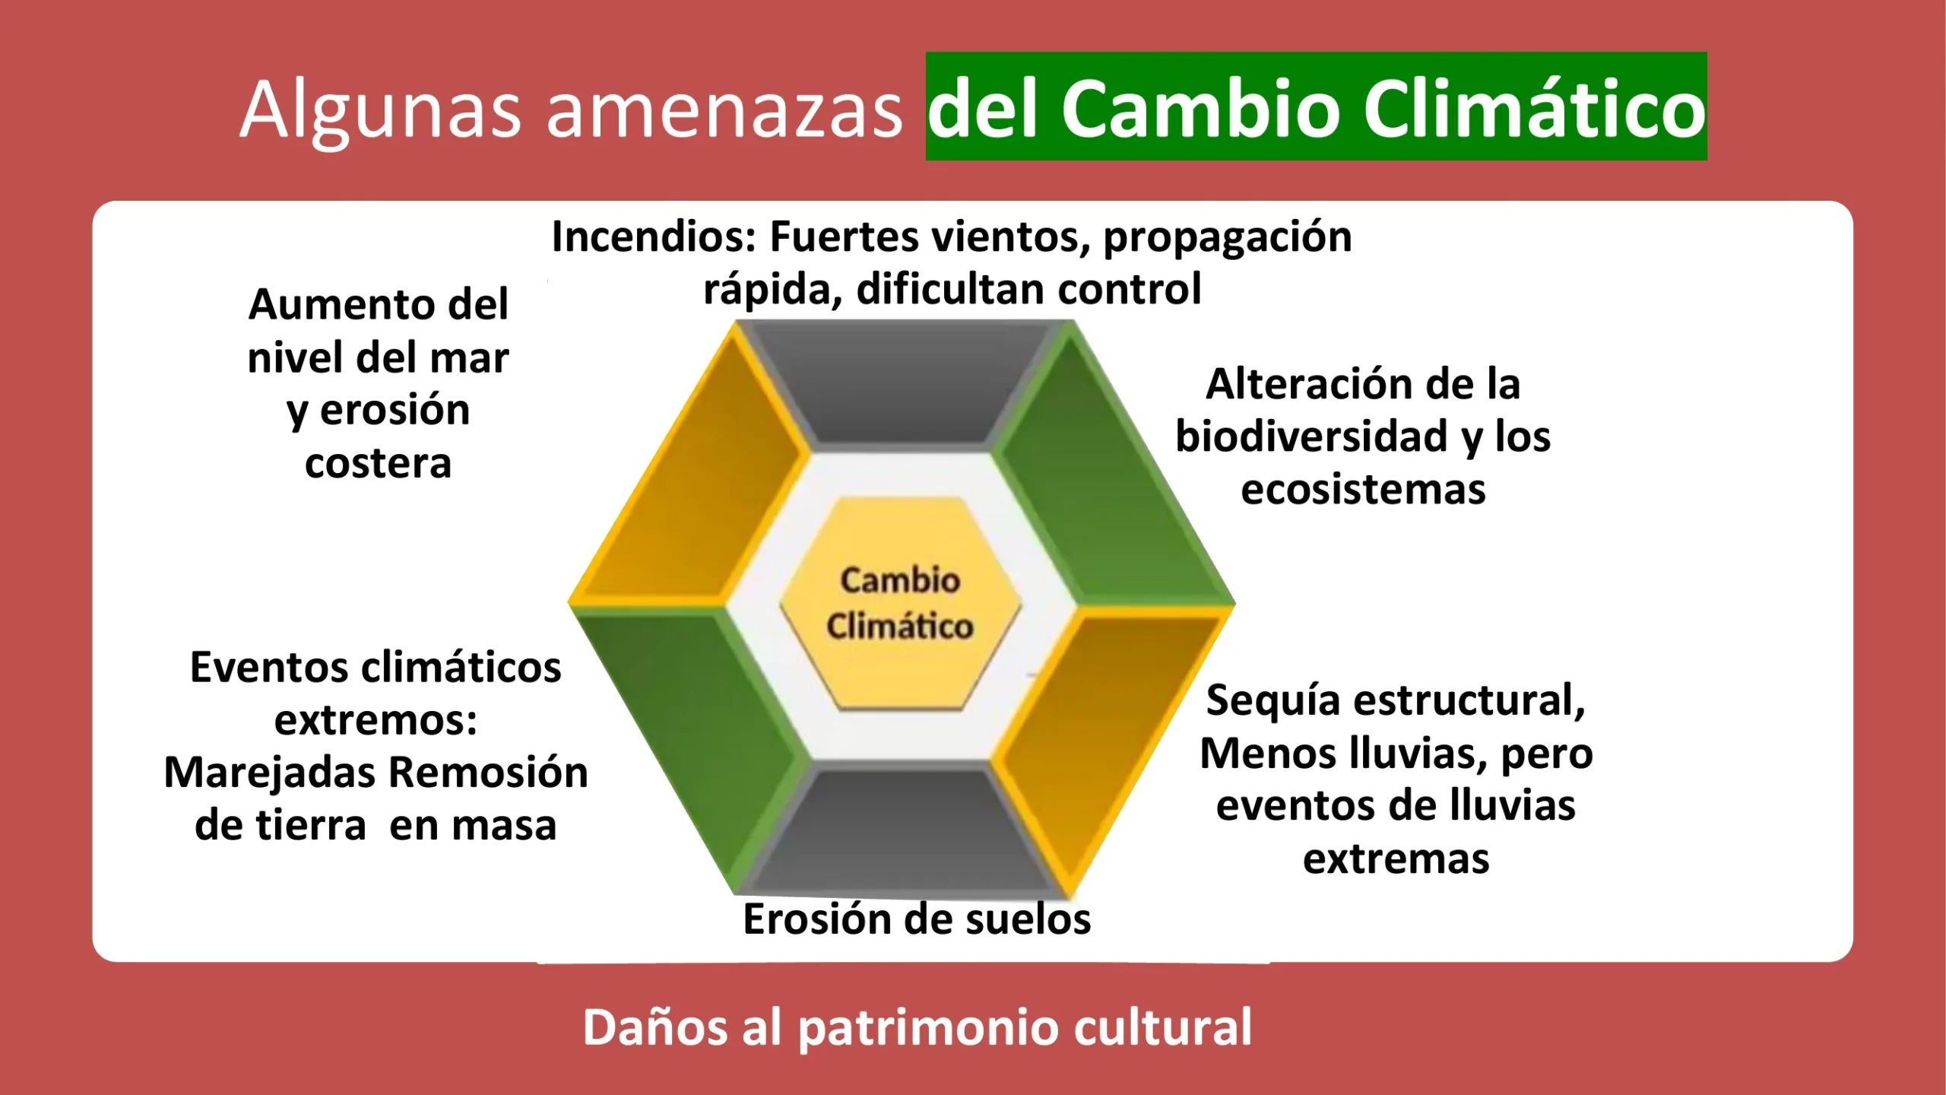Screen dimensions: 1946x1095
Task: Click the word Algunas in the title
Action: [380, 110]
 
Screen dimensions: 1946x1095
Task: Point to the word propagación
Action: [1228, 240]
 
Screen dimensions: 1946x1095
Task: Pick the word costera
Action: [379, 464]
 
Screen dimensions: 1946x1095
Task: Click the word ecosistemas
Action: [1363, 490]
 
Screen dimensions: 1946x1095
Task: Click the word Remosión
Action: [489, 773]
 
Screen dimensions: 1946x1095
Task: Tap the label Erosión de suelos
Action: [917, 919]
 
